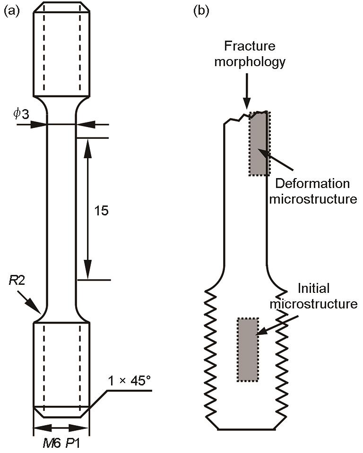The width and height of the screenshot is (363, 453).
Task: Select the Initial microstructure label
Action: point(313,296)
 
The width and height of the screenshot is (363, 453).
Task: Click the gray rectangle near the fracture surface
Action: point(259,144)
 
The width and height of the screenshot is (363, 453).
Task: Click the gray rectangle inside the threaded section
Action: point(247,350)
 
